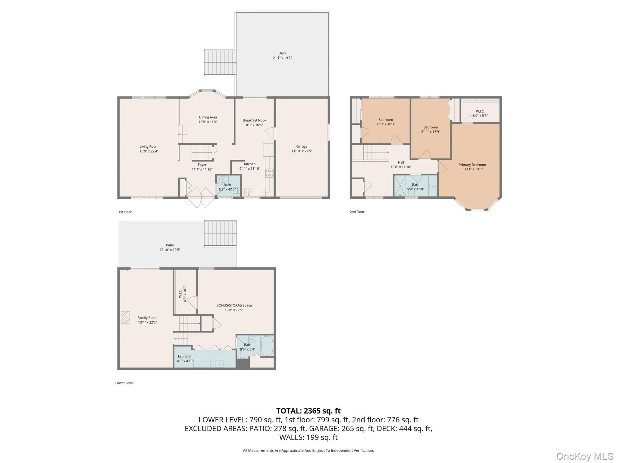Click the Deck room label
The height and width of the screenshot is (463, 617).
point(282,53)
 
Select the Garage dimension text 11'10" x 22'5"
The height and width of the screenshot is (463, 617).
point(302,151)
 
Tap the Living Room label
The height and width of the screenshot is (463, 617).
point(149,147)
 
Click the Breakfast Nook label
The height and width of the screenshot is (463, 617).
point(254,120)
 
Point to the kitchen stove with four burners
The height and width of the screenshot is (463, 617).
point(269,173)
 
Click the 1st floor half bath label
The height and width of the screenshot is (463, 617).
point(227,185)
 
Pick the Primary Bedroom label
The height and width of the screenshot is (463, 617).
point(472,165)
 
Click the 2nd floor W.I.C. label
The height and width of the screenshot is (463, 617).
point(480,111)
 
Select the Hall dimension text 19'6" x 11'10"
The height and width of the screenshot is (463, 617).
point(401,167)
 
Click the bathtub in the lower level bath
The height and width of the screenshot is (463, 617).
point(267,346)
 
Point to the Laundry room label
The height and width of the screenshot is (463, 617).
point(184,356)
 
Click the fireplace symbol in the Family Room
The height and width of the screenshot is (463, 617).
point(126,317)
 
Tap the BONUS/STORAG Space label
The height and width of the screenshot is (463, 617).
point(234,305)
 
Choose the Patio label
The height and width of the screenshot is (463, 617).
point(170,245)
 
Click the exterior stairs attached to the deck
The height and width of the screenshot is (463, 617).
point(220,63)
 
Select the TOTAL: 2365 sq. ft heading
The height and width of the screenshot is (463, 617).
point(308,411)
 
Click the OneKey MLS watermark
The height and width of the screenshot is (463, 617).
point(584,456)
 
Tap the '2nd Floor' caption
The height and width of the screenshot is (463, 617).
point(357,212)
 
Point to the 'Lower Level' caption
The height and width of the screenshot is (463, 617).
point(124,383)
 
